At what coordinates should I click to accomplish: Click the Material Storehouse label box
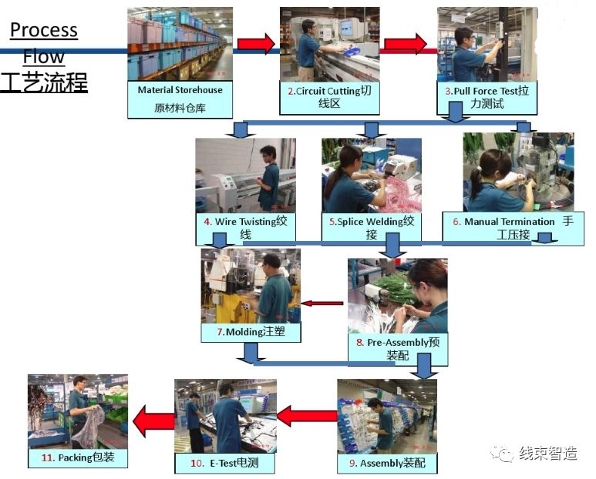(180, 99)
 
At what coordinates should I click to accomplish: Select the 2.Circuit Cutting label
(329, 98)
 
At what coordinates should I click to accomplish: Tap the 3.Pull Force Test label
(487, 98)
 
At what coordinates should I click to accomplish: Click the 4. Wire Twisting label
(245, 228)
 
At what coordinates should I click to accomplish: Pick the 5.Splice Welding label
(372, 228)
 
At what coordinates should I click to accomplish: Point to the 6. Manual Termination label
(508, 228)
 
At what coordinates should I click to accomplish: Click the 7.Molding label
(251, 333)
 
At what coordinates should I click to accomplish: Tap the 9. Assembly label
(386, 463)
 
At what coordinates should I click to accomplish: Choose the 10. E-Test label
(225, 463)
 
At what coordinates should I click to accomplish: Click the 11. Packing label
(77, 457)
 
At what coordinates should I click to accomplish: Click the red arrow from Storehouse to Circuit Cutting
(256, 44)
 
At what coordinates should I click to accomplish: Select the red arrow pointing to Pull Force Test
(406, 44)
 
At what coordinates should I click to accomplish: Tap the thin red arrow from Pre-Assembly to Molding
(322, 303)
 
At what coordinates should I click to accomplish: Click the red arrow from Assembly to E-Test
(306, 417)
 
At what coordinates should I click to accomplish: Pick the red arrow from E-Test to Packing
(153, 420)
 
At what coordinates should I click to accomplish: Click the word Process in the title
(44, 31)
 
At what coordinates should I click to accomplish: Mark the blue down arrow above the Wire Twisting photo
(241, 129)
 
